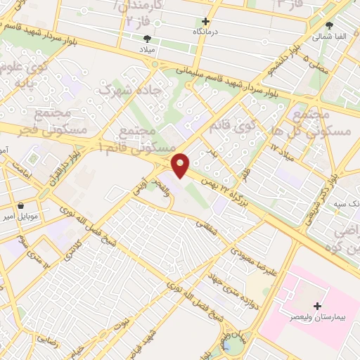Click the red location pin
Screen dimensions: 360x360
tap(181, 166)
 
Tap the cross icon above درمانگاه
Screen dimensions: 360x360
tap(205, 22)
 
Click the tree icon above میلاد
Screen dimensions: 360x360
tap(147, 39)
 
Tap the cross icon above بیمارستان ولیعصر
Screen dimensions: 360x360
tap(318, 306)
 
